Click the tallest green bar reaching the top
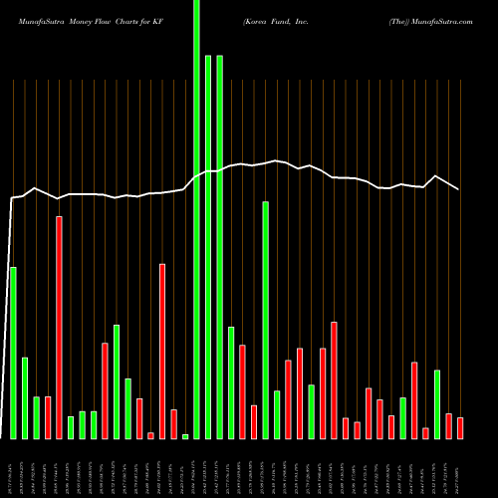point(196,219)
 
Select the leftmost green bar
point(13,353)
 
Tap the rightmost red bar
point(460,428)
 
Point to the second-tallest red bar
point(162,351)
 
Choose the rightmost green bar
point(437,403)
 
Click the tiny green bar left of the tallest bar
point(185,436)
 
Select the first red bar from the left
point(36,417)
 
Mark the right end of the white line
point(459,188)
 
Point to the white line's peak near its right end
point(436,176)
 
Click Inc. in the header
point(328,19)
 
